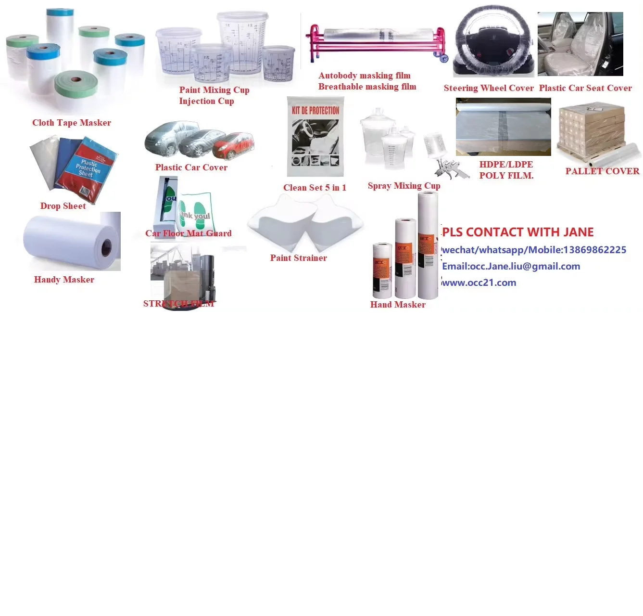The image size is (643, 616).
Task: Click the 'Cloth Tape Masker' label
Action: tap(72, 123)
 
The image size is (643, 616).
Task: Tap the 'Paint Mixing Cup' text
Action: tap(214, 90)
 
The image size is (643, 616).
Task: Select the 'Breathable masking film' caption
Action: tap(367, 87)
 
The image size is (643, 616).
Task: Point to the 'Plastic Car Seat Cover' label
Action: tap(585, 88)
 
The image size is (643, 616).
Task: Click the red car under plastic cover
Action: tap(233, 145)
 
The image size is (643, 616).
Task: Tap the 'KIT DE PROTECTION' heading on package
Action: tap(315, 110)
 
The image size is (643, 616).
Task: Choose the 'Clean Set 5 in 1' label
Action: tap(315, 188)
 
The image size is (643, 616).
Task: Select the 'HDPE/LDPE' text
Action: tap(506, 164)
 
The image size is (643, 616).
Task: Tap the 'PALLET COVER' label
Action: tap(602, 171)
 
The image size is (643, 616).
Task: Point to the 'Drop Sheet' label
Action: tap(63, 206)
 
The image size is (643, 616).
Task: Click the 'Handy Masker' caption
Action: tap(64, 280)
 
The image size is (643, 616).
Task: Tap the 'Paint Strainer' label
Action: tap(298, 258)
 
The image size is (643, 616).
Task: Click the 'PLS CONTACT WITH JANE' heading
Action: tap(518, 232)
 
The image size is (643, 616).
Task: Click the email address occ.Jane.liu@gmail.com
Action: tap(525, 266)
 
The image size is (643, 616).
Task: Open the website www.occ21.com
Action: tap(479, 282)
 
